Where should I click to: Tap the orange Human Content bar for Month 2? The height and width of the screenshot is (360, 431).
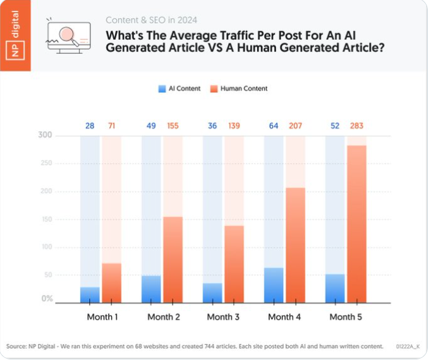coord(173,260)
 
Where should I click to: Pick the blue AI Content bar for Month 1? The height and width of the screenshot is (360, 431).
coord(90,295)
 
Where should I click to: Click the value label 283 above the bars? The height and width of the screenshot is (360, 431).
coord(356,126)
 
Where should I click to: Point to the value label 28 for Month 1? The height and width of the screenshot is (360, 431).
coord(90,126)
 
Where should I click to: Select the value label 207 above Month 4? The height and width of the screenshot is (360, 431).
coord(295,126)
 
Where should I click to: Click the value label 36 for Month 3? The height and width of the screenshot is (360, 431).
coord(212,126)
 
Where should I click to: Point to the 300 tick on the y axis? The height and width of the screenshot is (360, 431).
coord(45,136)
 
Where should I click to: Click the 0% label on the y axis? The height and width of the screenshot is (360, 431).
coord(46,298)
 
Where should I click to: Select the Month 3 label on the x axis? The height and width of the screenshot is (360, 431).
coord(223,317)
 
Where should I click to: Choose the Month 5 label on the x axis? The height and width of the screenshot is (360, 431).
coord(346,317)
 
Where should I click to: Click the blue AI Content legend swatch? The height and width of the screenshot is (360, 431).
coord(162,88)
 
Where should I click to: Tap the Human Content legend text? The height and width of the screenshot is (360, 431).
coord(244,88)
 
